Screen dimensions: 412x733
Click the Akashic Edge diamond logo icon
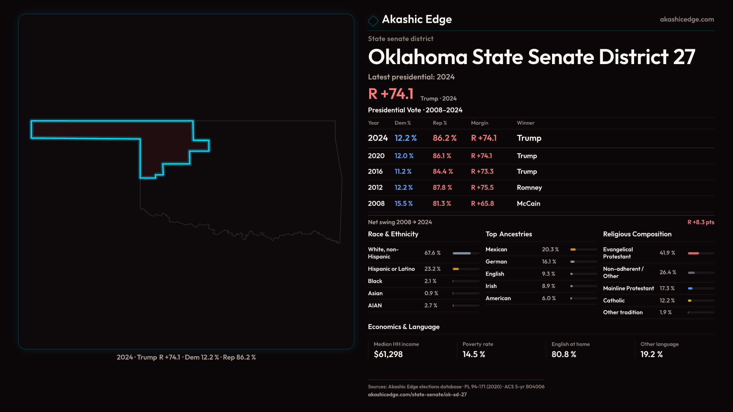tap(373, 20)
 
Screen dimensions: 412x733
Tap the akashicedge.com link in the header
tap(687, 19)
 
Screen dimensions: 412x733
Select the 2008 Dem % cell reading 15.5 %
tap(404, 204)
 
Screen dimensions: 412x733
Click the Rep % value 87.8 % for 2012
tap(442, 188)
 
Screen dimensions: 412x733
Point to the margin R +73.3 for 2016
tap(482, 172)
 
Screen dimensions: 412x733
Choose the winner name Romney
tap(529, 188)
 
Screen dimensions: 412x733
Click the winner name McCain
tap(528, 204)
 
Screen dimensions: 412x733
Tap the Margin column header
tap(480, 123)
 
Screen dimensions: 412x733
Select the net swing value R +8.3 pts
tap(701, 222)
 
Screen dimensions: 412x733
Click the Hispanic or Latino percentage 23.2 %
tap(432, 269)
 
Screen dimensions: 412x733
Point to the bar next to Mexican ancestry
tap(583, 249)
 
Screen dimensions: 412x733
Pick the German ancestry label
tap(496, 262)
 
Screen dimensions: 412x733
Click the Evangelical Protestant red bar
tap(693, 253)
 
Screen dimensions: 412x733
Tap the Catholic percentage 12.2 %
tap(667, 301)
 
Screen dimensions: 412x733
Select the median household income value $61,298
tap(388, 354)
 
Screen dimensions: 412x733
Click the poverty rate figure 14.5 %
tap(473, 354)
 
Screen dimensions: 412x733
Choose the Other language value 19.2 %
tap(651, 354)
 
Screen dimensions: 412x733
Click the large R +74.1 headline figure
tap(391, 94)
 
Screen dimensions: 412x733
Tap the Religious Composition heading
tap(637, 234)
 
